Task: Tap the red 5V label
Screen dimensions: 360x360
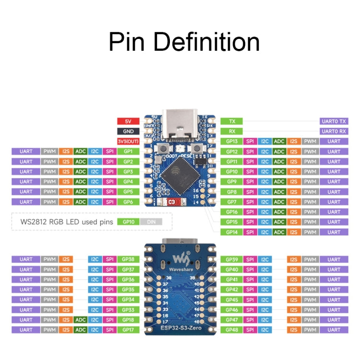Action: coord(128,121)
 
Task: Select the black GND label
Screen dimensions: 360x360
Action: coord(128,131)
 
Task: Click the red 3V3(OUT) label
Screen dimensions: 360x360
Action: coord(128,141)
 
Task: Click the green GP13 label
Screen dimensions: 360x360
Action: coord(231,141)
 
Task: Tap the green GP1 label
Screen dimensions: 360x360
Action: coord(128,151)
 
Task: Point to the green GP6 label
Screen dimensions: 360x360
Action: coord(128,202)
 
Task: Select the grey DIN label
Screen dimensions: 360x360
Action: coord(151,222)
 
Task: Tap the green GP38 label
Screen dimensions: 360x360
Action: coord(128,259)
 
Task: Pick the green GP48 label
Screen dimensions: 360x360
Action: coord(231,330)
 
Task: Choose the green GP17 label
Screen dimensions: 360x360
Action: coord(128,330)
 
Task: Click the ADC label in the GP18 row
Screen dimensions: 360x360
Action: coord(81,320)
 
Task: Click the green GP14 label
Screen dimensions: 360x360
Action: coord(231,232)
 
